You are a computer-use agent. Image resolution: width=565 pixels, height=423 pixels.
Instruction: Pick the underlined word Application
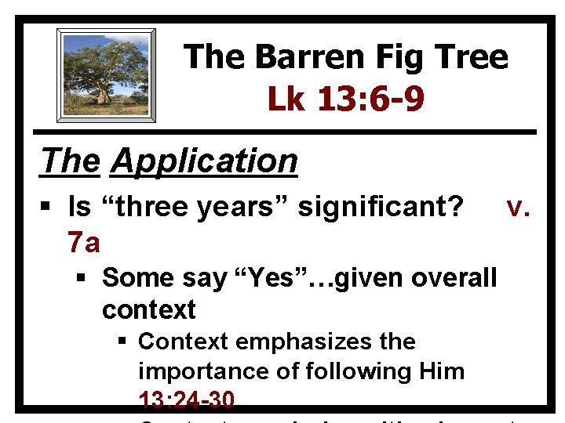(204, 161)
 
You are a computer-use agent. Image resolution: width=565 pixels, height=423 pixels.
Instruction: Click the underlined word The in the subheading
(71, 161)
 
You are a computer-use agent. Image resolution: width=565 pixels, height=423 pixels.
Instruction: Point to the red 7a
(84, 243)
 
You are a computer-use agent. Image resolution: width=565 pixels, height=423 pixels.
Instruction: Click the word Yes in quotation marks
(264, 277)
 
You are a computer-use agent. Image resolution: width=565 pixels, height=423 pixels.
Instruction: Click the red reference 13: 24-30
(186, 399)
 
